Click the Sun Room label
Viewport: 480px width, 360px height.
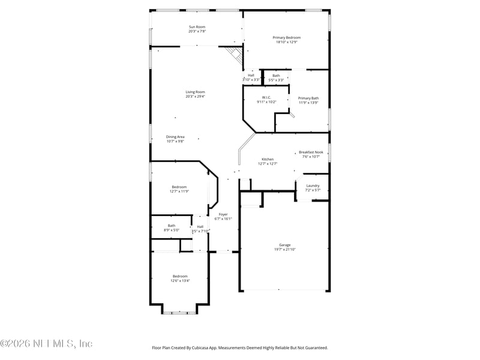tap(197, 27)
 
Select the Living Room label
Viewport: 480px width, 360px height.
tap(195, 92)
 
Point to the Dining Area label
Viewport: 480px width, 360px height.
tap(175, 137)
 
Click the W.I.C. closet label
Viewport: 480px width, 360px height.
tap(266, 97)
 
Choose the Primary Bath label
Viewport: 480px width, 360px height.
tap(308, 98)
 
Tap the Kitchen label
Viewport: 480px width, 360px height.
tap(267, 159)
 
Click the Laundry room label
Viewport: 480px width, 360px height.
tap(313, 185)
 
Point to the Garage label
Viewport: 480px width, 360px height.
tap(284, 245)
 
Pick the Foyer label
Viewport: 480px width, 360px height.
tap(223, 214)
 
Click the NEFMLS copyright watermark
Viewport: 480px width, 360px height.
tap(47, 344)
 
